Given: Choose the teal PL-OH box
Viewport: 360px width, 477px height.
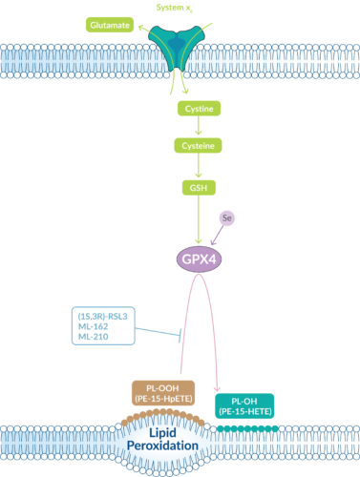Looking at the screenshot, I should tap(246, 404).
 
